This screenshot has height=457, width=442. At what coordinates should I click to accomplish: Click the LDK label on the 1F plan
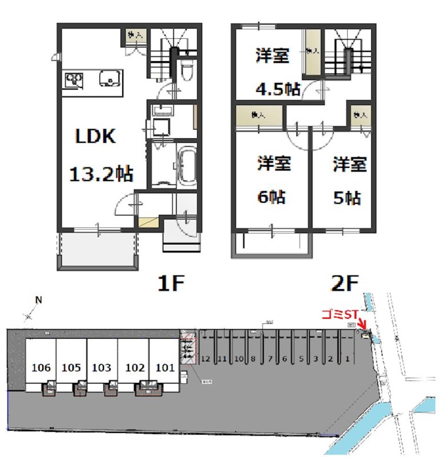click(96, 137)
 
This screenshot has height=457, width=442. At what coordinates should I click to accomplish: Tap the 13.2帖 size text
click(101, 173)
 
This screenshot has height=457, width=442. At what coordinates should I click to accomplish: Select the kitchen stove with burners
click(74, 81)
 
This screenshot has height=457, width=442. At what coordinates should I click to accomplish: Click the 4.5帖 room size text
click(277, 89)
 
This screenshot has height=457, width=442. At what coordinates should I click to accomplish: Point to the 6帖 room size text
click(271, 197)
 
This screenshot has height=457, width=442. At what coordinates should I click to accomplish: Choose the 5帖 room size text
click(347, 198)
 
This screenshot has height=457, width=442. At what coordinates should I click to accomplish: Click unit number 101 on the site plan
click(165, 368)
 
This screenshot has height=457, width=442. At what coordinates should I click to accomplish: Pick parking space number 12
click(205, 359)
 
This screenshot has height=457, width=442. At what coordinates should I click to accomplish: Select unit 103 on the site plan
click(102, 368)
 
